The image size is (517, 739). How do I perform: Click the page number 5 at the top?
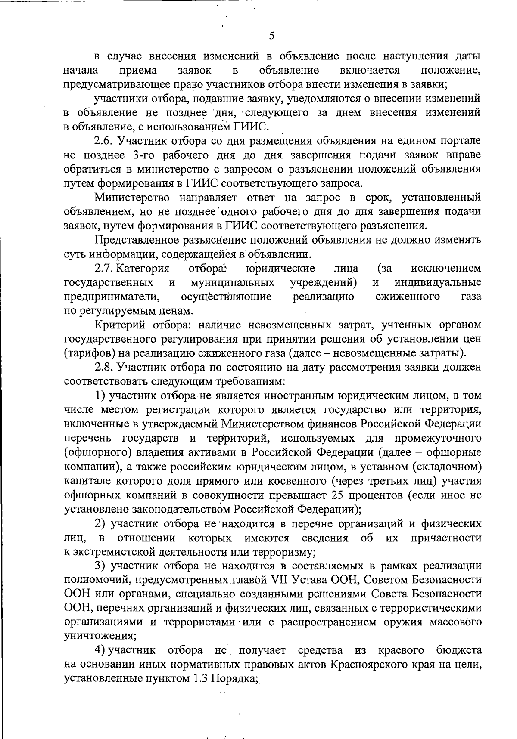pos(271,36)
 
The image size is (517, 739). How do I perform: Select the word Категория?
pos(143,269)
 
